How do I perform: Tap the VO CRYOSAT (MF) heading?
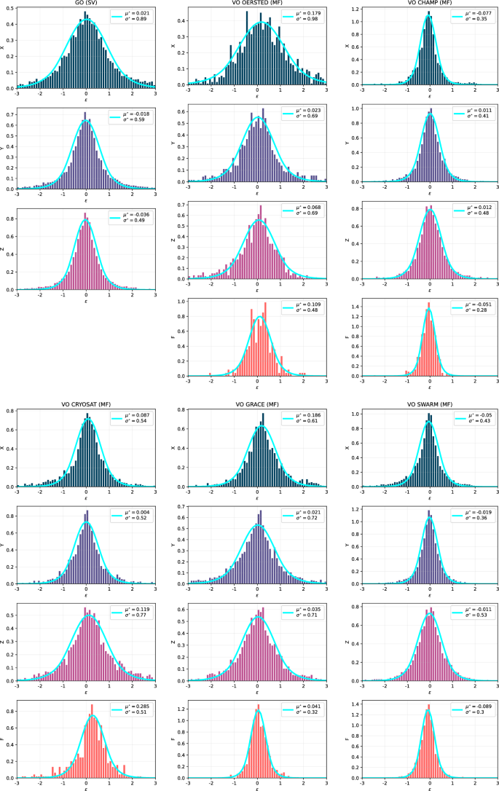(x=86, y=404)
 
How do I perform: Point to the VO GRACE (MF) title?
(x=258, y=404)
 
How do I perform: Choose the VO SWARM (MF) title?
(x=430, y=404)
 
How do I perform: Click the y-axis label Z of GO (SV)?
(x=5, y=250)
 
